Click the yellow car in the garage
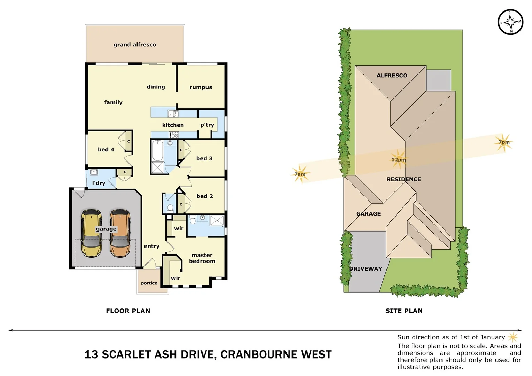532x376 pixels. (91, 233)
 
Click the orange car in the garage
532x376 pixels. (120, 233)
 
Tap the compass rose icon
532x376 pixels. (510, 22)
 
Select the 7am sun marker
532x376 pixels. (300, 174)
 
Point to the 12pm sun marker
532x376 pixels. (398, 159)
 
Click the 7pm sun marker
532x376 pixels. (503, 142)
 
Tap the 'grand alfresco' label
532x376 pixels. (135, 45)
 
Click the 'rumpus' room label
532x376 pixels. (201, 87)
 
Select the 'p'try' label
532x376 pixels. (207, 125)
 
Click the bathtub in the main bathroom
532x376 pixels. (157, 150)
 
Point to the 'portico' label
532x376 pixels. (149, 283)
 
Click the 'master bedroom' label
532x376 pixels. (202, 258)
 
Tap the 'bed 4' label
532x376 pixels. (106, 149)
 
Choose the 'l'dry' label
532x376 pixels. (99, 183)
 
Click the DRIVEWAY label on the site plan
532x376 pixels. (366, 269)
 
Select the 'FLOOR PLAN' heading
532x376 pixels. (128, 311)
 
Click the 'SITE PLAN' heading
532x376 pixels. (404, 311)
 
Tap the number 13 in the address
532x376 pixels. (91, 354)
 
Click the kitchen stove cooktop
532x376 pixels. (174, 134)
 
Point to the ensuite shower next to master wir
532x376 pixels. (217, 220)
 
